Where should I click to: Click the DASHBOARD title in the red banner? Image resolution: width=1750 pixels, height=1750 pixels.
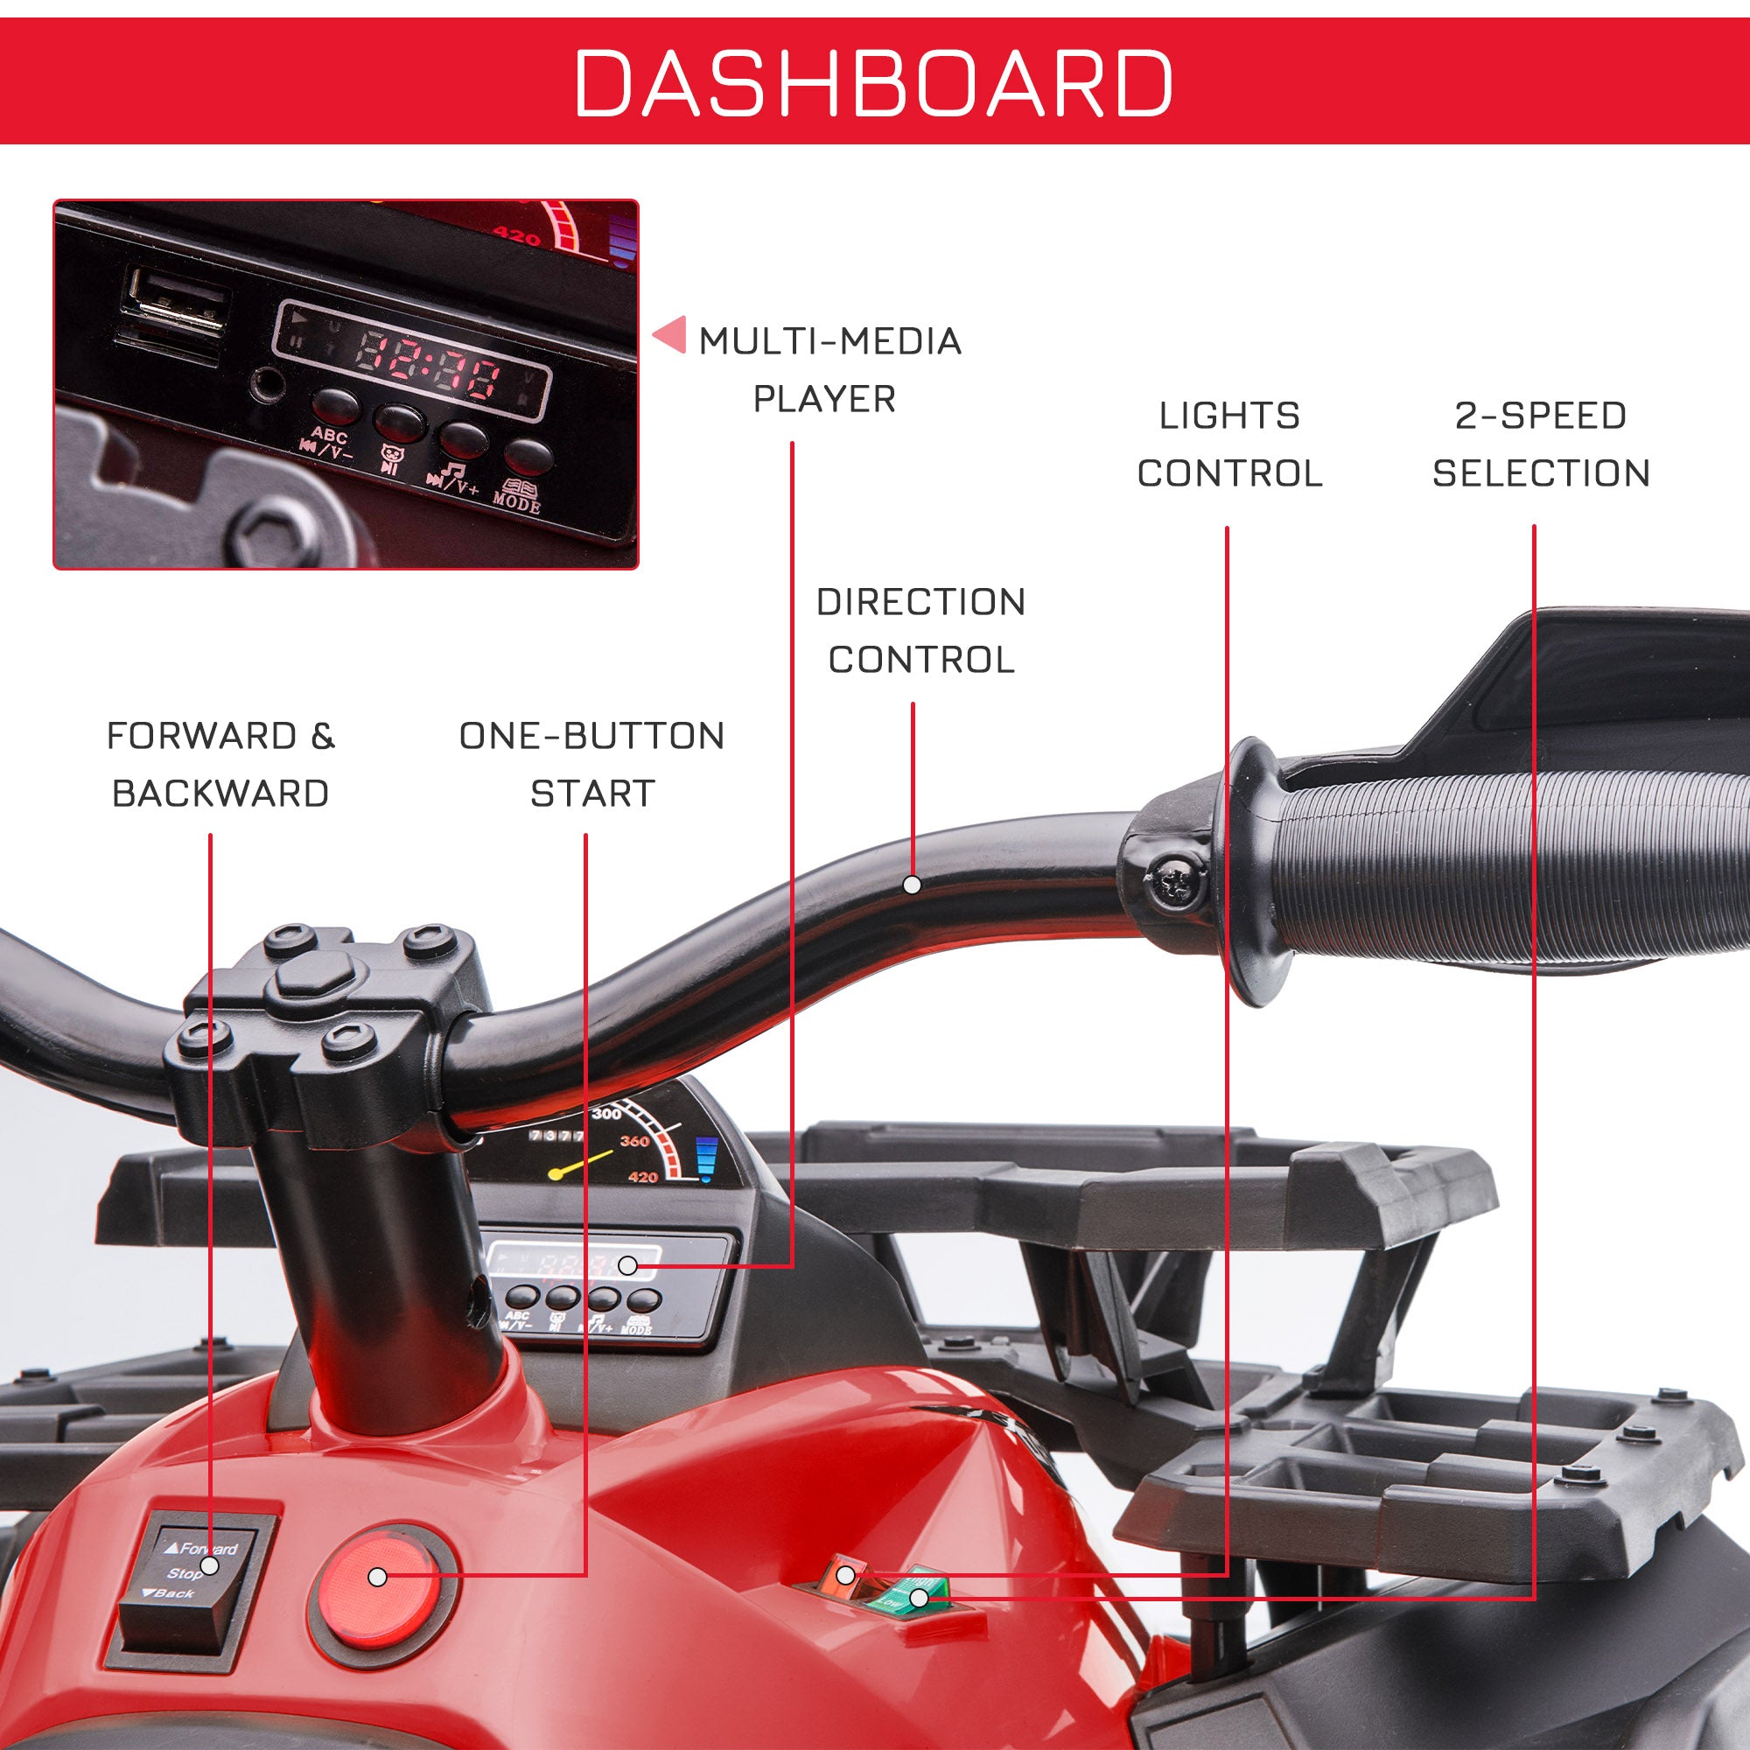(874, 82)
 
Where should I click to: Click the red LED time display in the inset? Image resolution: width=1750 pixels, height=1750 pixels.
(426, 362)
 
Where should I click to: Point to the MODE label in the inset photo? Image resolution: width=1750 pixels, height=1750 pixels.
(516, 500)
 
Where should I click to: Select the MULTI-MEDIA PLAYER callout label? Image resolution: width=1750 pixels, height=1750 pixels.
(829, 369)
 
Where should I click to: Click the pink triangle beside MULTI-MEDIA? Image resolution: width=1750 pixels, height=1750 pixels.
(669, 335)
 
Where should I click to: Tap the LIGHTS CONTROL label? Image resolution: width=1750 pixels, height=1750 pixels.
(1229, 444)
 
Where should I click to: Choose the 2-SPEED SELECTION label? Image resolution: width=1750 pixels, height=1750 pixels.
(1541, 444)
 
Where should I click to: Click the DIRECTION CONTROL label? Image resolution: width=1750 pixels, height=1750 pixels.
(920, 630)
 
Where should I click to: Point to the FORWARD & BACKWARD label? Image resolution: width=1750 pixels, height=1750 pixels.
(220, 765)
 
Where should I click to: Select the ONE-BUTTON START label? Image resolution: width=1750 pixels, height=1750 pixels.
(591, 765)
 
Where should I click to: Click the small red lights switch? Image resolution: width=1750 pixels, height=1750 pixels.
(843, 1577)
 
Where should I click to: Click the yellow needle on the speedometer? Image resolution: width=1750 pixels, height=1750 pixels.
(580, 1164)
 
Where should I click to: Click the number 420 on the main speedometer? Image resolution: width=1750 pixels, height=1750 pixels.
(642, 1178)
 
